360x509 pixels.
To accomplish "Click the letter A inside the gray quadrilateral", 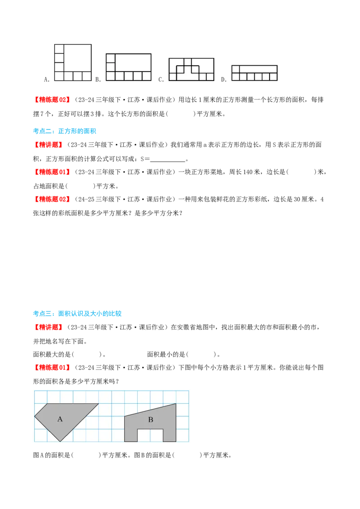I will click(60, 419).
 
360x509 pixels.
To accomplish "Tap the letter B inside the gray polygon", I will click(151, 420).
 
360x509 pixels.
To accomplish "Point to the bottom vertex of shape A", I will click(60, 442).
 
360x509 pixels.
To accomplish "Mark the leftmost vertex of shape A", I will click(35, 417).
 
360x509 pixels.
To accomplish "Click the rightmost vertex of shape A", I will click(99, 404).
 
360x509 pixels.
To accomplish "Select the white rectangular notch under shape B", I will click(150, 435).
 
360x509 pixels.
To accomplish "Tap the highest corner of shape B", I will click(175, 404).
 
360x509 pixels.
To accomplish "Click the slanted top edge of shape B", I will click(150, 410).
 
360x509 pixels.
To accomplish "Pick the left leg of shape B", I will click(131, 434).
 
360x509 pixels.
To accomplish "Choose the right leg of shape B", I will click(169, 434).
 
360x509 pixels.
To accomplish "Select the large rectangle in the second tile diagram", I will click(133, 63).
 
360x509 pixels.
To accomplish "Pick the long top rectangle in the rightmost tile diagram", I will click(257, 69).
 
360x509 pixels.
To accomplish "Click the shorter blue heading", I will click(64, 131).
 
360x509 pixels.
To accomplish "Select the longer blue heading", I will click(77, 313).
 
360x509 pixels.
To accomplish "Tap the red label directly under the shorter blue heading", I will click(48, 145).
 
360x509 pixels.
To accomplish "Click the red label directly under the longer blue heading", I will click(48, 327).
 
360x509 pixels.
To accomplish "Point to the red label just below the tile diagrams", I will click(52, 99).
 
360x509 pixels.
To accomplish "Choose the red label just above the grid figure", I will click(52, 367).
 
